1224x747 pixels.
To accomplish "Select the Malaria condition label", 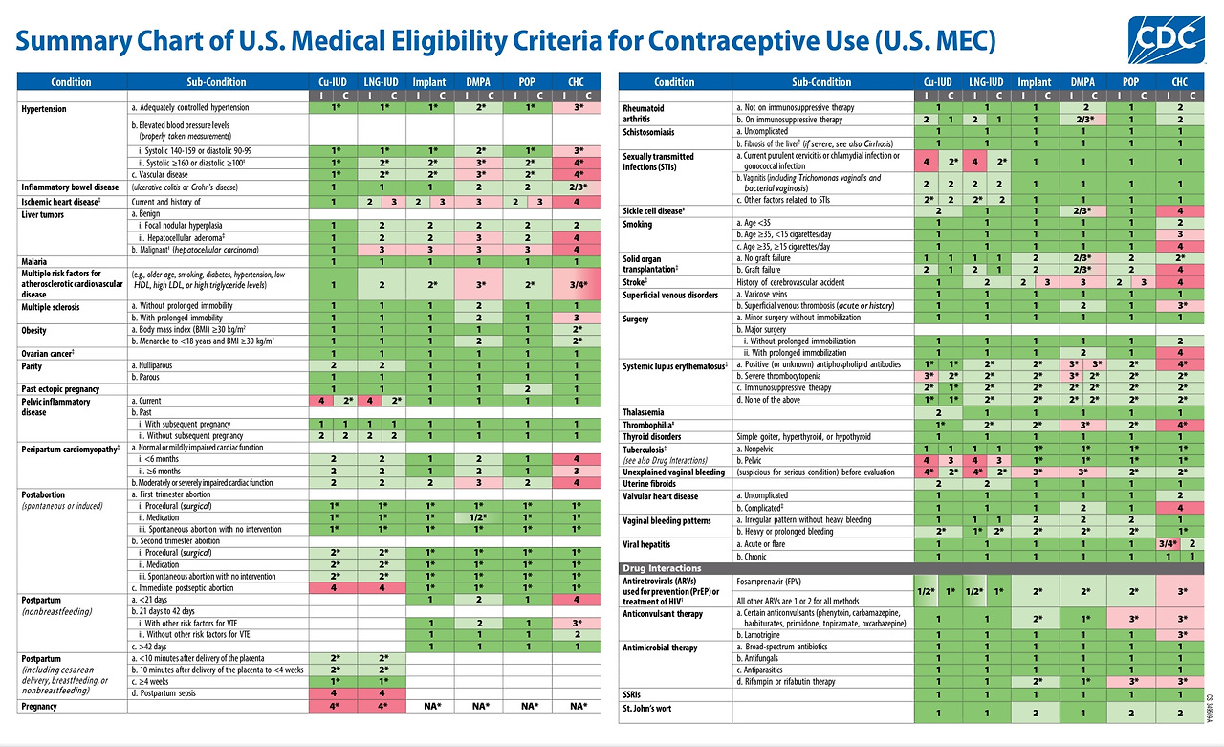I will pyautogui.click(x=36, y=260).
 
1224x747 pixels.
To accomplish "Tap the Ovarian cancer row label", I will pyautogui.click(x=48, y=353).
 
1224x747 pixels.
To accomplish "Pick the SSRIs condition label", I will pyautogui.click(x=636, y=694).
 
